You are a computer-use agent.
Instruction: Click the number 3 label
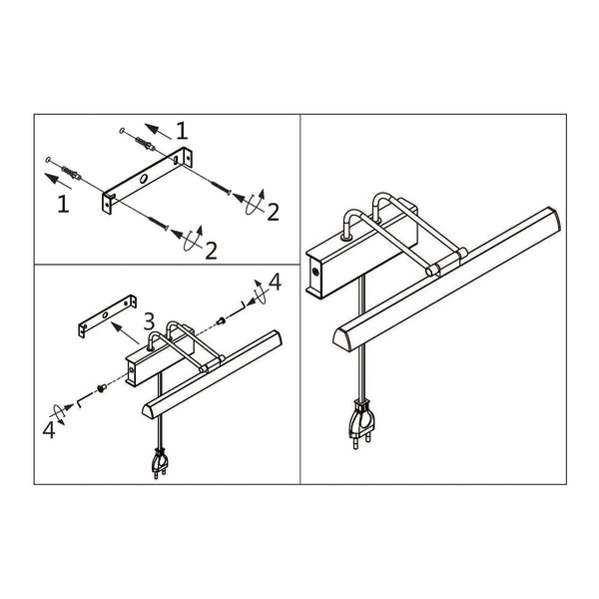tap(149, 321)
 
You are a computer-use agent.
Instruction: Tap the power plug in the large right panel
tap(360, 423)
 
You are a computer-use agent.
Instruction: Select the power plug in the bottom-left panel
tap(161, 462)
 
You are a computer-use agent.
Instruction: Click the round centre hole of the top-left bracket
tap(144, 179)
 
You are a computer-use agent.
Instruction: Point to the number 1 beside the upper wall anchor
tap(182, 131)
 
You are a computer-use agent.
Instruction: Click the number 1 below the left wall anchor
tap(64, 204)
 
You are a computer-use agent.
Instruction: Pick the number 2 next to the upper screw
tap(273, 213)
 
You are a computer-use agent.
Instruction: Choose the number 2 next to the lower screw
tap(211, 251)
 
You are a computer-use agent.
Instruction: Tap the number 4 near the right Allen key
tap(276, 282)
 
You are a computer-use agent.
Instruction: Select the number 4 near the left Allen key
tap(49, 429)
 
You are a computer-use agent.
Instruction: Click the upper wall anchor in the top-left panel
tap(146, 144)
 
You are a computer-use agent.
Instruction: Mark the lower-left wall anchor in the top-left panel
tap(71, 173)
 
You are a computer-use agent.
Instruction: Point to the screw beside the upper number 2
tap(221, 188)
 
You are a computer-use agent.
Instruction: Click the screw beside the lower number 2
tap(158, 223)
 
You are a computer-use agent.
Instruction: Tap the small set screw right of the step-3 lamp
tap(220, 321)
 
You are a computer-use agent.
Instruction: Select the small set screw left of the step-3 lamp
tap(101, 388)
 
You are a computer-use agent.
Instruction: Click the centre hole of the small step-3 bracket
tap(105, 314)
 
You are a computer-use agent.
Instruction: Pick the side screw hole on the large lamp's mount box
tap(315, 272)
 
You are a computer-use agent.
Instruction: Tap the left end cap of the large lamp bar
tap(342, 340)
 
